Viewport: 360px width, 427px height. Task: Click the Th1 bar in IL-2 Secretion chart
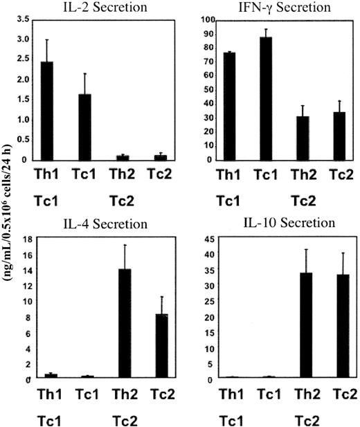(x=47, y=111)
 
